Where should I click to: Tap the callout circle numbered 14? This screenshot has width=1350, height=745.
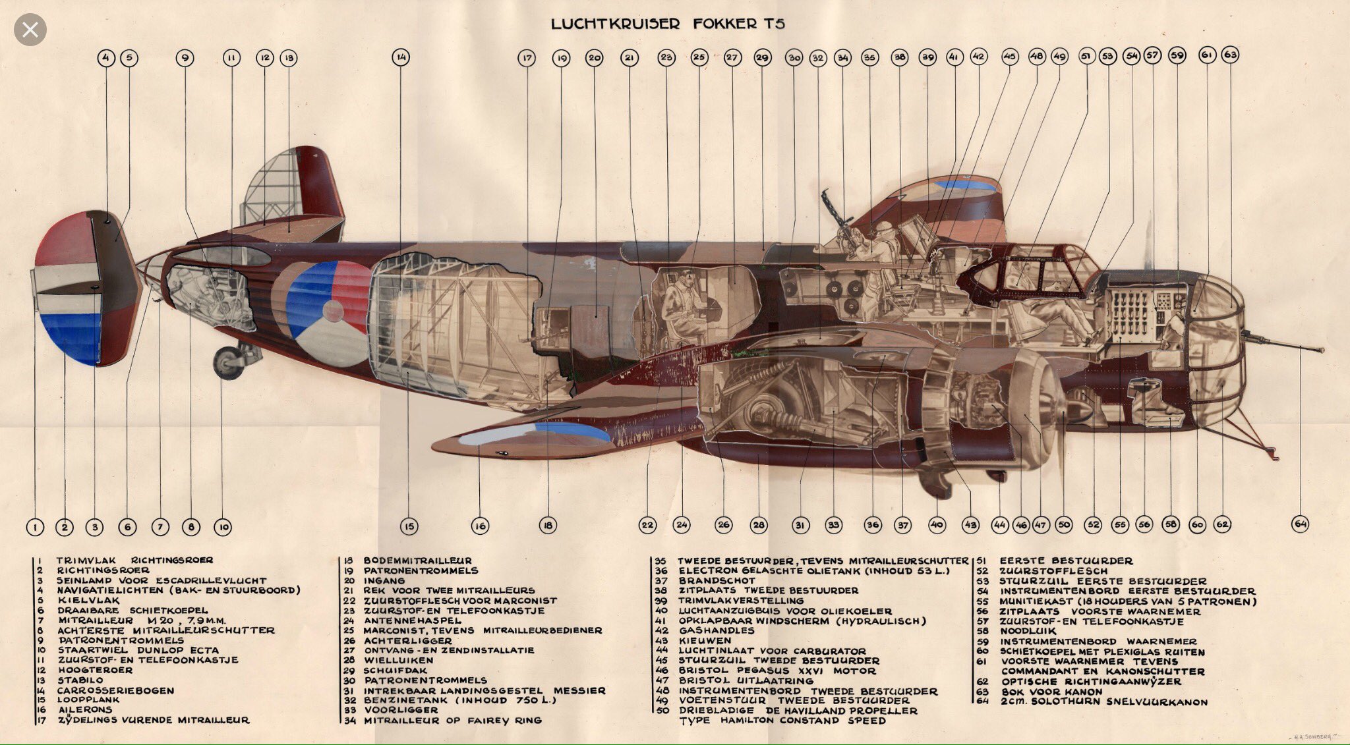(401, 58)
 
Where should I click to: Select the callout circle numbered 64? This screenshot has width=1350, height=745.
(1300, 524)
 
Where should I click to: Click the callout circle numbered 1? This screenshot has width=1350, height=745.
(35, 527)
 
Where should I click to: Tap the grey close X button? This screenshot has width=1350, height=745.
(30, 30)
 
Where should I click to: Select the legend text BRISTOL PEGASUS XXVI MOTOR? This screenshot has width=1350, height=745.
(778, 671)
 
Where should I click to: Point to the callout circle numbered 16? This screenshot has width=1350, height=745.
(480, 526)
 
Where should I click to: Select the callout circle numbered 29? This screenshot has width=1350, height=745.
(762, 58)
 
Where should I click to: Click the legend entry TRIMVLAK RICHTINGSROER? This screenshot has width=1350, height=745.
(134, 561)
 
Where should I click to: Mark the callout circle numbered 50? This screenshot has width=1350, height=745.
(1063, 525)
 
